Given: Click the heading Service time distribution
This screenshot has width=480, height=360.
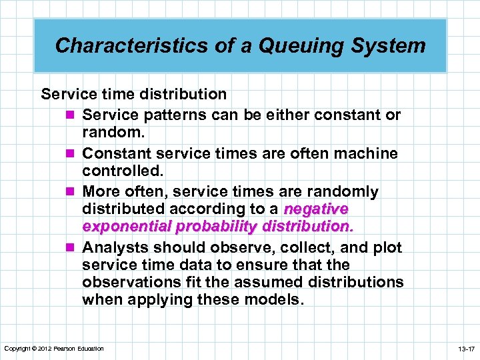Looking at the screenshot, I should click(133, 94).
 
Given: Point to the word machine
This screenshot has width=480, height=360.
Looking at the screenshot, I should click(369, 153).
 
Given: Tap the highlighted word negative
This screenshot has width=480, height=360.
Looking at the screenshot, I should click(316, 209).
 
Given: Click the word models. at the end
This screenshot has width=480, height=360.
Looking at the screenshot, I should click(275, 300).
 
